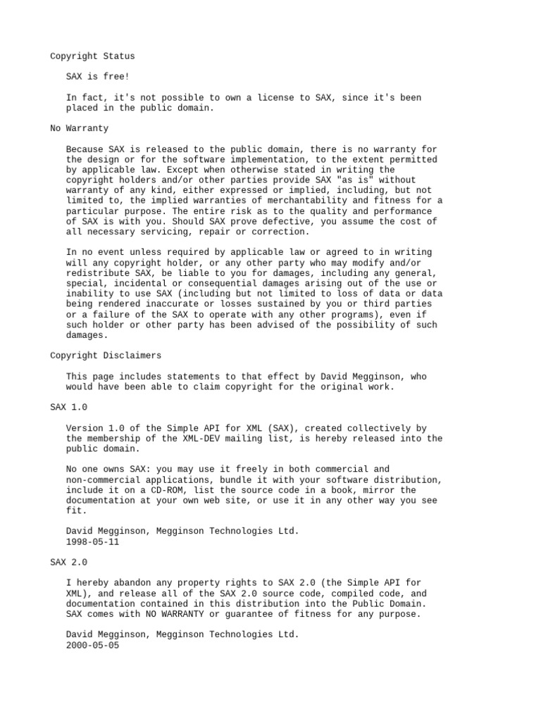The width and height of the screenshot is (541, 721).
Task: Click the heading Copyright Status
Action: [92, 56]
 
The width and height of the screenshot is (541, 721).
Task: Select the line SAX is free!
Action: [98, 77]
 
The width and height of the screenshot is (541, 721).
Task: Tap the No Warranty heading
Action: [80, 129]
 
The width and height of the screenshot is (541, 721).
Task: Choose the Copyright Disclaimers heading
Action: [106, 356]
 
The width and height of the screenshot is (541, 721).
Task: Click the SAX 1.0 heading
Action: [69, 408]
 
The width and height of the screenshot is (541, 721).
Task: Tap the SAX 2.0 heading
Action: [69, 563]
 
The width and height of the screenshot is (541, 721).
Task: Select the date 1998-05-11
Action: [92, 542]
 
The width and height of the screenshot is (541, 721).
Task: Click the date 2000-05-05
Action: [92, 645]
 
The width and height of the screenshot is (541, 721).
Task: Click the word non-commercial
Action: [103, 479]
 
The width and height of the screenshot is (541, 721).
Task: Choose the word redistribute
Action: [98, 273]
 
